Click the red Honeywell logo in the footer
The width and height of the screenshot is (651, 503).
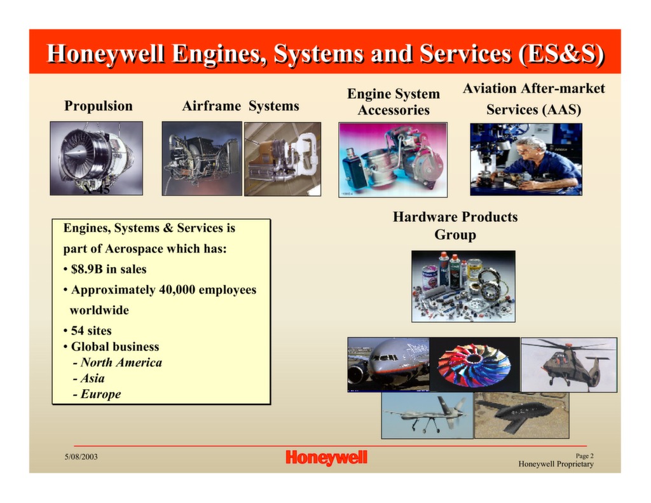pyautogui.click(x=326, y=457)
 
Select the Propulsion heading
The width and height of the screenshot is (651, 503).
pyautogui.click(x=99, y=106)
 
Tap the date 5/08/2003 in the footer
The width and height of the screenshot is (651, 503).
pyautogui.click(x=80, y=457)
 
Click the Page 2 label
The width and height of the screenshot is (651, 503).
pyautogui.click(x=584, y=455)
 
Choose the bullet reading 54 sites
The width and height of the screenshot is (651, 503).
pyautogui.click(x=91, y=331)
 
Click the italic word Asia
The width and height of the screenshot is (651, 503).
pyautogui.click(x=92, y=378)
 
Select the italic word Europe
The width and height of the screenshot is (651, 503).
pyautogui.click(x=100, y=394)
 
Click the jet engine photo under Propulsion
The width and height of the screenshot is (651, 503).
pyautogui.click(x=97, y=158)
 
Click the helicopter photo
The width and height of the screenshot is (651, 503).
pyautogui.click(x=568, y=364)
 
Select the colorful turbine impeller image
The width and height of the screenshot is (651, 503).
pyautogui.click(x=474, y=364)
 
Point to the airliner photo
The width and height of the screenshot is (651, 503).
pyautogui.click(x=388, y=363)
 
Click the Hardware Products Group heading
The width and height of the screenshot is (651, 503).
pyautogui.click(x=455, y=226)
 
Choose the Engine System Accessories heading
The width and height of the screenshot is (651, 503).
pyautogui.click(x=393, y=102)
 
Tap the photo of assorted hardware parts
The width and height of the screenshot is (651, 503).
pyautogui.click(x=463, y=286)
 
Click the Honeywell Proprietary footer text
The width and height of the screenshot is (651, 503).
pyautogui.click(x=556, y=464)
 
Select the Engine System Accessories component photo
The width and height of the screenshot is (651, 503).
pyautogui.click(x=393, y=159)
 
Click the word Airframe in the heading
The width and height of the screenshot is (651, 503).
pyautogui.click(x=211, y=106)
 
